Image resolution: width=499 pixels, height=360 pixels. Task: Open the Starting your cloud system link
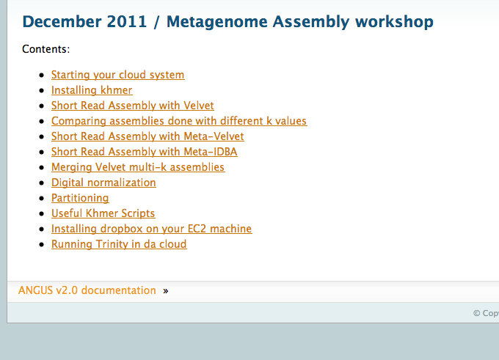(117, 75)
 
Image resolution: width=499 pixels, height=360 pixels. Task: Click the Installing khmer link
(92, 90)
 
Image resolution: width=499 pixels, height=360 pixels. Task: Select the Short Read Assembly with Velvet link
(132, 106)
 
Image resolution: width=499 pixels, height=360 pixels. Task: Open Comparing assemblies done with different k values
(179, 121)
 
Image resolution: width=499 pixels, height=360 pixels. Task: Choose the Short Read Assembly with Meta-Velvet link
(147, 136)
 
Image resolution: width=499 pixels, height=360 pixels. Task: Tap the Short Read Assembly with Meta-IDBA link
(144, 152)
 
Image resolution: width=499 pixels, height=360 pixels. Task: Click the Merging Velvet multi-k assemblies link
(138, 167)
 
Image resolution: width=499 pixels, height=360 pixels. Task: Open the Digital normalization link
(103, 183)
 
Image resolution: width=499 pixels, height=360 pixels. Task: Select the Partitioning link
(80, 198)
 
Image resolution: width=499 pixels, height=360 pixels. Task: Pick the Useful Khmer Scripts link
(103, 213)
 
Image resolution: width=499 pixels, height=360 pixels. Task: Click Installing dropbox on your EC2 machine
(151, 229)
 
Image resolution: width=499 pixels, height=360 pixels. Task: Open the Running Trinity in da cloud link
(119, 244)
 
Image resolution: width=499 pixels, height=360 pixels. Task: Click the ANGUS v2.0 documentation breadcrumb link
(87, 290)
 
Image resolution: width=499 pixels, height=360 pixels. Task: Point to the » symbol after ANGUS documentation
(166, 291)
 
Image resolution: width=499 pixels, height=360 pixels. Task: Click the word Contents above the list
(45, 49)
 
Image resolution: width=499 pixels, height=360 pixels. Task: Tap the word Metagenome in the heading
(216, 22)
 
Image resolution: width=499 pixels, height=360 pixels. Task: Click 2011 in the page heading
(127, 22)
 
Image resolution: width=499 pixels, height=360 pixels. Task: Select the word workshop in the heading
(394, 22)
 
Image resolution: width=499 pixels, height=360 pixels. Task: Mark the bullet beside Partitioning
(41, 198)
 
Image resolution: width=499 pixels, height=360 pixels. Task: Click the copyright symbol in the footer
(476, 313)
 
